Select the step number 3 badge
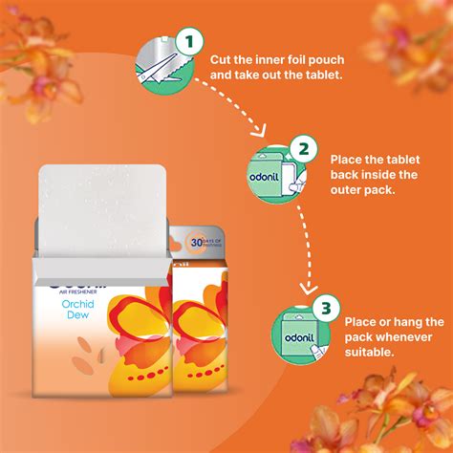(x=327, y=309)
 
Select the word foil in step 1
(x=298, y=58)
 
